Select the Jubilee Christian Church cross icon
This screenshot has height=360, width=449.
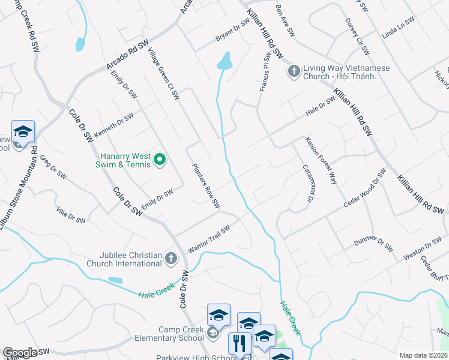171,259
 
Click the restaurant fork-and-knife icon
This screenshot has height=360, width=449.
240,344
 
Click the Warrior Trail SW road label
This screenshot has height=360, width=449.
209,239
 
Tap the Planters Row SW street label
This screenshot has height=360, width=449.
206,186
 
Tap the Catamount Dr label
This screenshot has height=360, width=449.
309,183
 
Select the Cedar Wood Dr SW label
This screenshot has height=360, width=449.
363,189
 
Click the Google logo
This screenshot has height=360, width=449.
19,353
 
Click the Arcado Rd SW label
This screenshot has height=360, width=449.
127,55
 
